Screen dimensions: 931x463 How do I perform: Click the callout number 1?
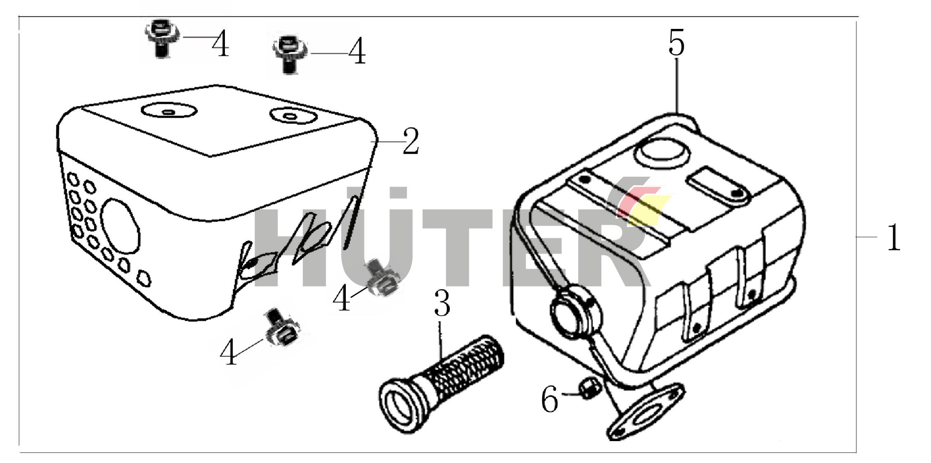coord(894,237)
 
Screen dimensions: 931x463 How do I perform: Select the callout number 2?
coord(411,141)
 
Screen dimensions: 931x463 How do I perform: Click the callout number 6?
coord(550,400)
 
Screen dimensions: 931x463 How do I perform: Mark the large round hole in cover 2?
coord(120,226)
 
